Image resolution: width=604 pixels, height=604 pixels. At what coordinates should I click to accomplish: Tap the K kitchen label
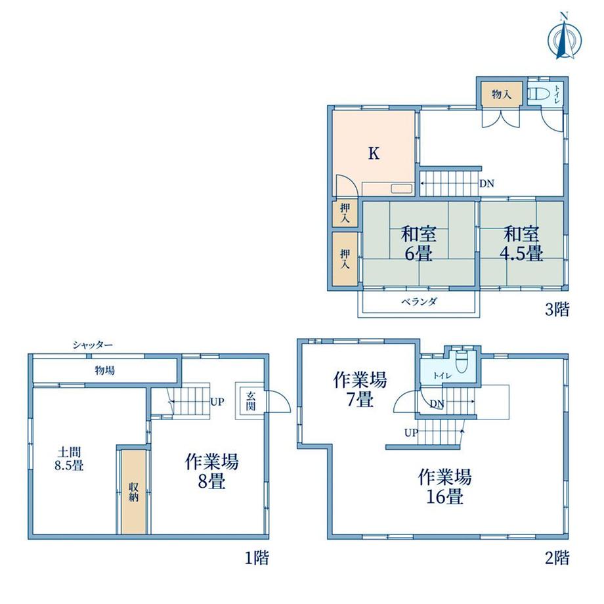tap(373, 154)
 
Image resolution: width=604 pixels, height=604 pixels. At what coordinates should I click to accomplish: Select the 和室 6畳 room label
tap(418, 244)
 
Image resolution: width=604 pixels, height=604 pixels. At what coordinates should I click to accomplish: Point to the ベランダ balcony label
tap(418, 302)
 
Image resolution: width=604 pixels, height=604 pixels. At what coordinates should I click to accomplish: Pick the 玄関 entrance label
tap(251, 400)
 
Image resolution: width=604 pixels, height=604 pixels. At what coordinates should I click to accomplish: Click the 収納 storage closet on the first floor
tap(134, 491)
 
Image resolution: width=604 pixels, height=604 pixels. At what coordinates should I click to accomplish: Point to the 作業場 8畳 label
tap(211, 471)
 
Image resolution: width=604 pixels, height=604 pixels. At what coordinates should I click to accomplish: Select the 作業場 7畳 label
tap(360, 389)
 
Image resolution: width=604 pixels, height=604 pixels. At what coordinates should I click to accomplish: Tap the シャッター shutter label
tap(93, 345)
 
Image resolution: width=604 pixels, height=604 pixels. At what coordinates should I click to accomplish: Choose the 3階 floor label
tap(557, 309)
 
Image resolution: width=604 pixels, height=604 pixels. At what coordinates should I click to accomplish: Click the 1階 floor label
tap(256, 559)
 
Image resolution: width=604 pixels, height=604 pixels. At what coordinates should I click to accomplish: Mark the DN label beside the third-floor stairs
tap(486, 184)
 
